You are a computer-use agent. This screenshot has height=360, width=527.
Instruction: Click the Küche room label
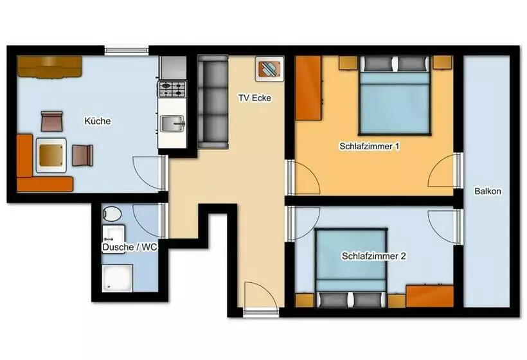click(x=98, y=121)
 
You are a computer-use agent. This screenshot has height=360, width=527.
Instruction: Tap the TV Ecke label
click(x=255, y=98)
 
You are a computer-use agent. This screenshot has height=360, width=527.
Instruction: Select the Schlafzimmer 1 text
click(x=370, y=147)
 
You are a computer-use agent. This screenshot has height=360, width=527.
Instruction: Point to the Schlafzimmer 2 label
click(x=374, y=256)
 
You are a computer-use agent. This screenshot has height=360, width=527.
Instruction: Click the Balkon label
click(x=488, y=192)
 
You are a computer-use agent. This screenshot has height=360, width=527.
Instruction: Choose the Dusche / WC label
click(x=129, y=248)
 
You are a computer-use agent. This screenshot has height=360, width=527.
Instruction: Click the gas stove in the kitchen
click(x=172, y=89)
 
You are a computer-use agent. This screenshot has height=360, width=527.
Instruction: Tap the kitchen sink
click(x=172, y=123)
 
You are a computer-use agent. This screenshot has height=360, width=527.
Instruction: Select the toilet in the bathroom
click(x=112, y=214)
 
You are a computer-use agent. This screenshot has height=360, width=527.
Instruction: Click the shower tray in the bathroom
click(x=118, y=278)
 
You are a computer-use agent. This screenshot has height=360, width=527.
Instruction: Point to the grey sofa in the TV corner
click(x=213, y=102)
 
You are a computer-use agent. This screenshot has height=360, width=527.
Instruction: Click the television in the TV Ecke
click(x=269, y=69)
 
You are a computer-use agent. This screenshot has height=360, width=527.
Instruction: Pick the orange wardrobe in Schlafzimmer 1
click(x=308, y=88)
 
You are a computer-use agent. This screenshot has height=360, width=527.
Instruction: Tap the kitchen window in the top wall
click(x=127, y=51)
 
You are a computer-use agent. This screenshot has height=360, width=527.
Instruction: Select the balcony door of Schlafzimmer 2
click(x=458, y=227)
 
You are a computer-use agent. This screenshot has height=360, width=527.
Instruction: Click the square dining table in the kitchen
click(x=51, y=156)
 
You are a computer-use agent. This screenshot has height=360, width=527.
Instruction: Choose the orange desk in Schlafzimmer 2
click(x=429, y=296)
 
